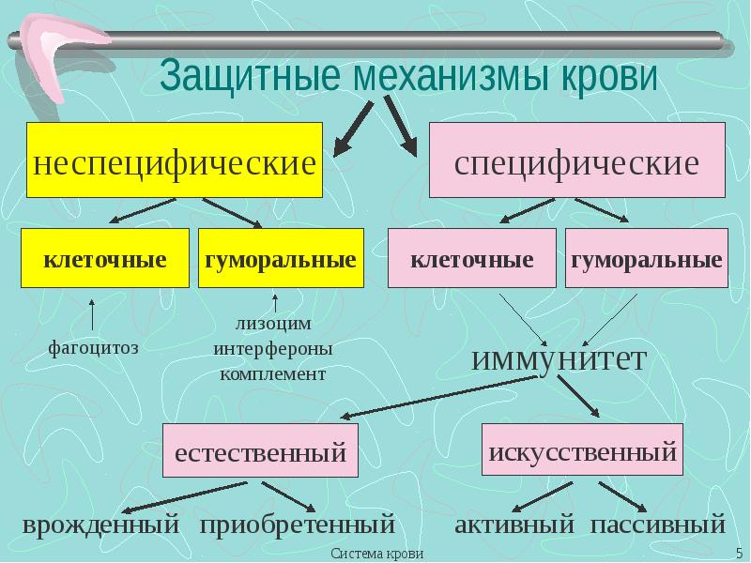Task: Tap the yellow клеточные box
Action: click(104, 259)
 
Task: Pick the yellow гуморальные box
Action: click(280, 259)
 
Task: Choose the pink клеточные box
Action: click(472, 259)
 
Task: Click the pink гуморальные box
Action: click(646, 259)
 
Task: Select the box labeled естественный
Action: click(260, 453)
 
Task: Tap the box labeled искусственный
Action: click(582, 452)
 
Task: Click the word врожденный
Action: click(100, 525)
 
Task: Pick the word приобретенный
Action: click(297, 525)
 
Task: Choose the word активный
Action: click(513, 525)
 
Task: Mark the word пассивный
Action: click(658, 525)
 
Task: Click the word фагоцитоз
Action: click(93, 348)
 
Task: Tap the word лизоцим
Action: click(273, 324)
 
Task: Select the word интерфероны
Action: click(273, 349)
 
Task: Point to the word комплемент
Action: click(273, 373)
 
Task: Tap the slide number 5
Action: click(740, 554)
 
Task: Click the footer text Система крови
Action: click(376, 554)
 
